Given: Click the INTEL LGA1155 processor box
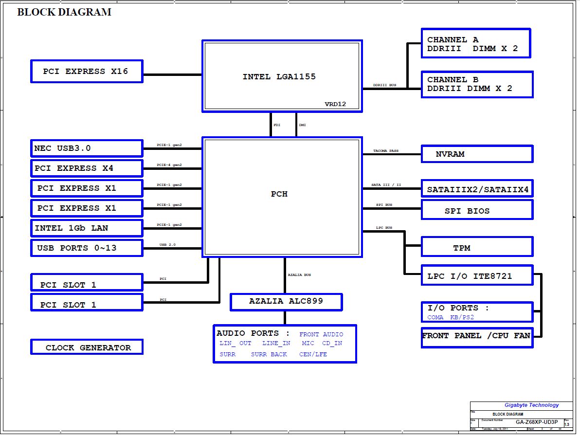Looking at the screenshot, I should pos(282,76).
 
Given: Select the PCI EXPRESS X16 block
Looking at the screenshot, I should pos(87,72).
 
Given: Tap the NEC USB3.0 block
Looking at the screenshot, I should pos(87,148).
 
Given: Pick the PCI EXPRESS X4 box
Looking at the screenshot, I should pos(87,168).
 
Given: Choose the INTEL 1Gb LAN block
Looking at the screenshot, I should pos(87,228).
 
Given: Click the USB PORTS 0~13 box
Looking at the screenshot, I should pos(87,248).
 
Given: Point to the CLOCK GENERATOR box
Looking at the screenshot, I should pos(87,347).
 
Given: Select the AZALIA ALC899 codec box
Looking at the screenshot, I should pos(286,301).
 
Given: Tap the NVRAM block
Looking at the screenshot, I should pos(477,154).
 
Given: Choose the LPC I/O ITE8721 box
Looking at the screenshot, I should pos(477,276).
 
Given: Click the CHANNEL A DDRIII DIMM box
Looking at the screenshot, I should pos(475,44).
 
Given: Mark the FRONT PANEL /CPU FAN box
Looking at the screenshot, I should pos(476,336).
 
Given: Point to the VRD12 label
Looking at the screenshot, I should pos(335,104).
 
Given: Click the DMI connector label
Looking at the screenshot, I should pos(302,125).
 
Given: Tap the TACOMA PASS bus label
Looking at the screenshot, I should pos(386,151).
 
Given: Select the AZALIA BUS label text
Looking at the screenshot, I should pos(299,275).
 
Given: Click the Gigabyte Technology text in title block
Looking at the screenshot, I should pos(531,405).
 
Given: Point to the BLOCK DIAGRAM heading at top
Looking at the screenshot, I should pos(64,12).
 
